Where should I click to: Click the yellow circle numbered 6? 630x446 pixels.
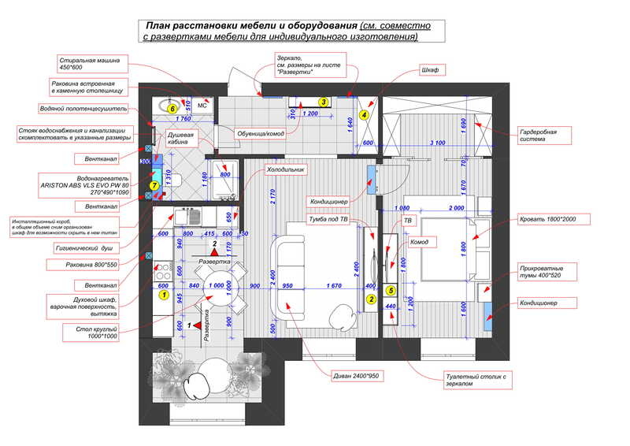coord(172,108)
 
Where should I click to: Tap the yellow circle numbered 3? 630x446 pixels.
coord(322,102)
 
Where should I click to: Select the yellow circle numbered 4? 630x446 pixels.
coord(364,114)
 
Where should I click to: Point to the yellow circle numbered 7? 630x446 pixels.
coord(154,186)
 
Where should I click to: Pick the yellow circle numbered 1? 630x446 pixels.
coord(165,295)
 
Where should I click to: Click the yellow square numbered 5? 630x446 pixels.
coord(391,290)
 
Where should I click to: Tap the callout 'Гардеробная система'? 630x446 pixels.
coord(538,136)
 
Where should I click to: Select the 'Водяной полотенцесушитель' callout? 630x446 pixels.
coord(77,109)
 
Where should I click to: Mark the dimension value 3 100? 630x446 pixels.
coord(438,143)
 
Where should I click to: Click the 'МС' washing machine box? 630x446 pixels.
coord(202,105)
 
